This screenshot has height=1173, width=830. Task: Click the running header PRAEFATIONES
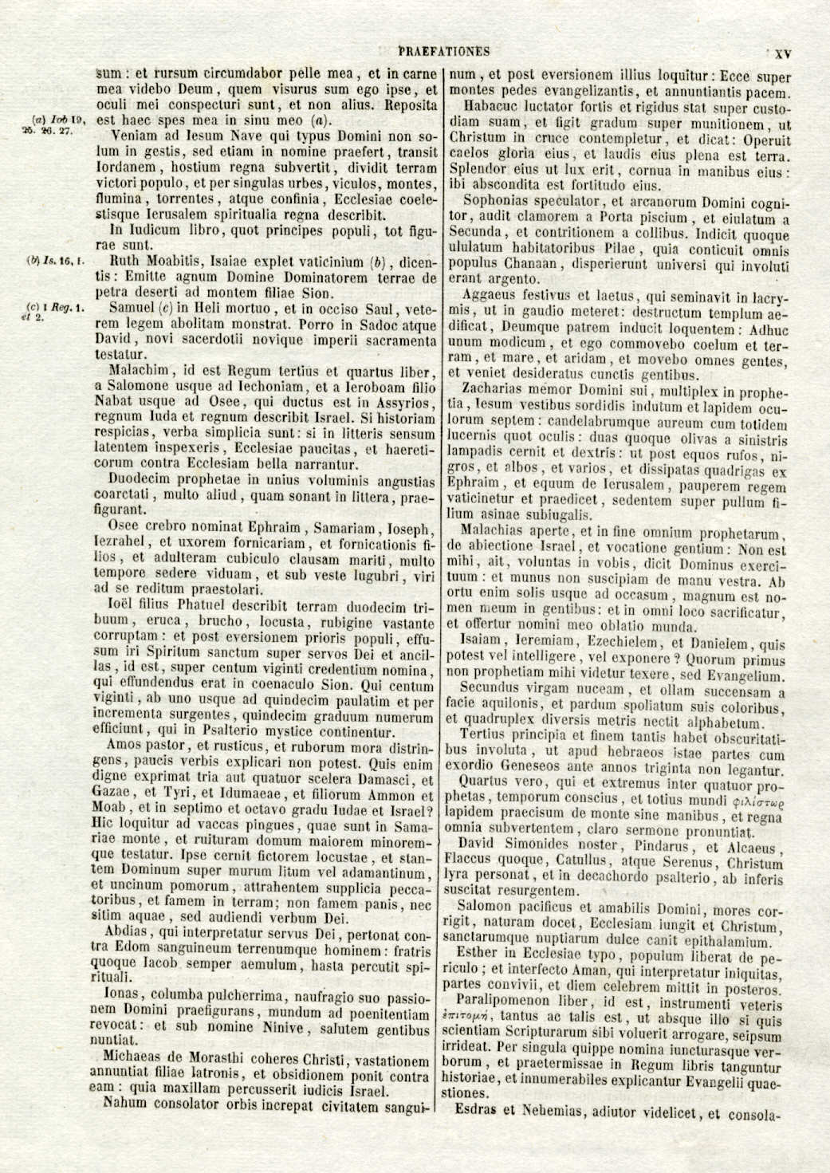pyautogui.click(x=443, y=52)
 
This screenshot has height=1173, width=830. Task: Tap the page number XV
pyautogui.click(x=782, y=54)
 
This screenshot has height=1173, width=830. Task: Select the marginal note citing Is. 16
pyautogui.click(x=55, y=261)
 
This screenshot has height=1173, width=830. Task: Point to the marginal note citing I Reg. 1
pyautogui.click(x=53, y=311)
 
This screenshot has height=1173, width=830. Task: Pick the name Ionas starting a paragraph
pyautogui.click(x=122, y=994)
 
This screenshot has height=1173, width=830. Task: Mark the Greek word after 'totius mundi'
pyautogui.click(x=761, y=800)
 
